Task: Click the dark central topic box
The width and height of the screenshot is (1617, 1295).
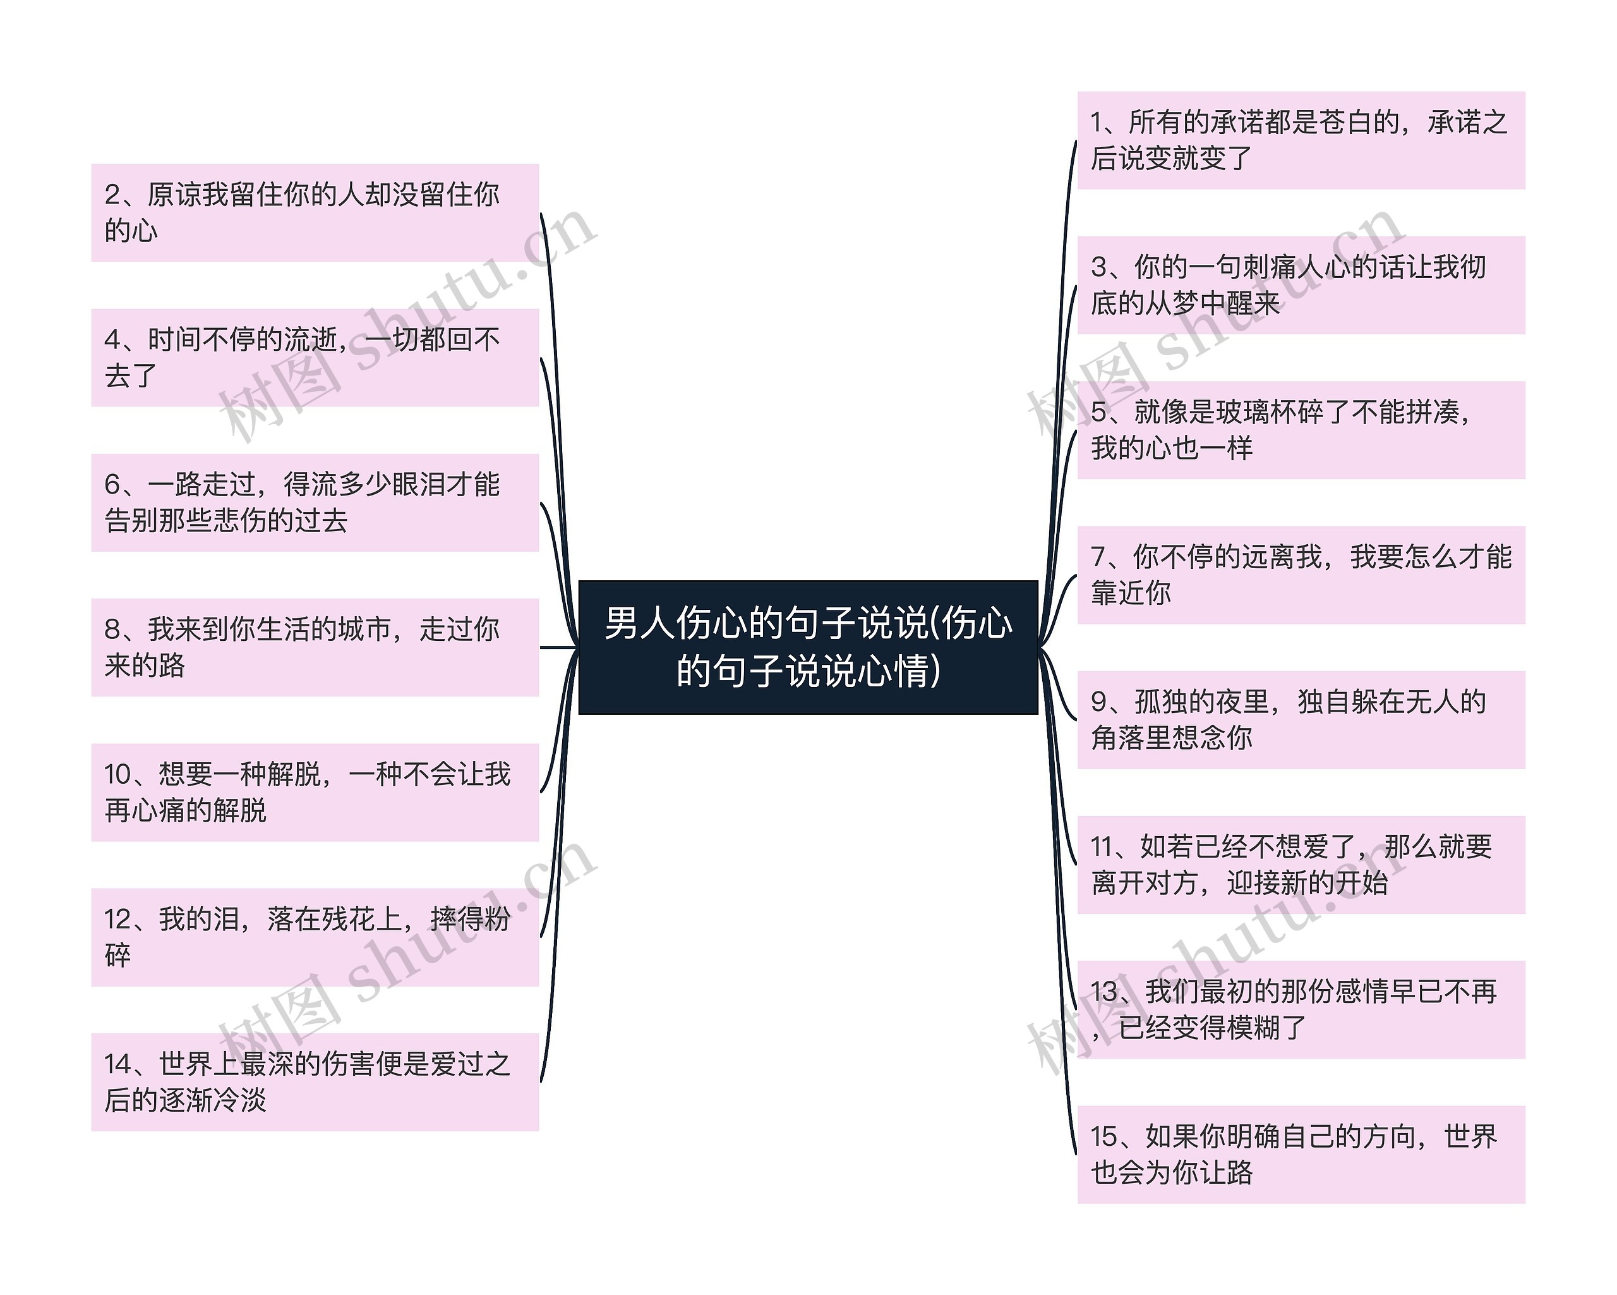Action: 808,647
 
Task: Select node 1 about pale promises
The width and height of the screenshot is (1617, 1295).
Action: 1301,140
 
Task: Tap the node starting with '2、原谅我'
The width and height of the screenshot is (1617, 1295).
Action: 315,212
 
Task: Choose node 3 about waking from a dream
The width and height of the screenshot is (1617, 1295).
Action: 1301,285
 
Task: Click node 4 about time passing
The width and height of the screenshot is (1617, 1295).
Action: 315,357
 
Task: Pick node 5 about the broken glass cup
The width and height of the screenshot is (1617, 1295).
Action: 1301,430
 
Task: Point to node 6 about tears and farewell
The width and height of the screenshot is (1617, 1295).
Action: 315,502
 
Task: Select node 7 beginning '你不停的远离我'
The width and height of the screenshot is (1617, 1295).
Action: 1301,575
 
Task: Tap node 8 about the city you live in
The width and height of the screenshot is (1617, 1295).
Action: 315,647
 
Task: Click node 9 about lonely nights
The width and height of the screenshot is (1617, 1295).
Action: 1301,719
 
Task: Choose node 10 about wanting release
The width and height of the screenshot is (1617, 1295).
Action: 315,791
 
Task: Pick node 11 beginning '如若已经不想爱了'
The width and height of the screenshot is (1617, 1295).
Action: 1301,865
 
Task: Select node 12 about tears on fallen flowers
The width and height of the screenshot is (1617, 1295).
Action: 315,937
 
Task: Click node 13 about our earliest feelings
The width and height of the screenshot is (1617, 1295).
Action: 1301,1009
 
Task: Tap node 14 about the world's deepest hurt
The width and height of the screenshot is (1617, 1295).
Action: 315,1081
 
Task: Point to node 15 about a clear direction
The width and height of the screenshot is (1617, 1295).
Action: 1301,1154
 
